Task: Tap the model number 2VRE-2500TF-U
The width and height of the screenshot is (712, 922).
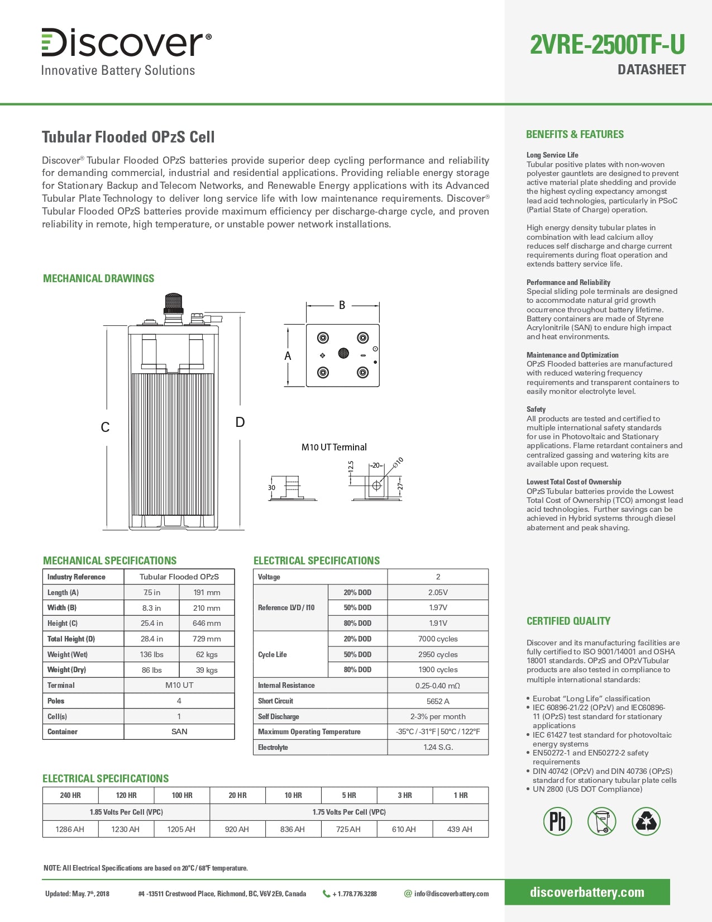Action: (x=607, y=45)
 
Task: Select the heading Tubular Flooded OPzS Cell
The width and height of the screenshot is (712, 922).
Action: (x=128, y=137)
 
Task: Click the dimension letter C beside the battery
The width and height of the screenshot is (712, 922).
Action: (x=105, y=427)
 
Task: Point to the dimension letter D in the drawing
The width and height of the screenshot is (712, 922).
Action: (x=240, y=422)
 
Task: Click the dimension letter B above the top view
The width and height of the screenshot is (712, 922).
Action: (x=342, y=305)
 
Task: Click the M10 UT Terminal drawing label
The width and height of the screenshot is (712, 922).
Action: (x=334, y=447)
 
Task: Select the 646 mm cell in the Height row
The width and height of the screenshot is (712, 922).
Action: (x=207, y=623)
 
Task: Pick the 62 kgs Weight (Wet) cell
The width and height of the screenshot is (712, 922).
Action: (x=207, y=654)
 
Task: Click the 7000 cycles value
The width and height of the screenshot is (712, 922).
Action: (x=438, y=639)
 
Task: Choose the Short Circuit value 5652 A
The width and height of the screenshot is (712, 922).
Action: (x=438, y=701)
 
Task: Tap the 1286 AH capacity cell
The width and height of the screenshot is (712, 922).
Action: (x=70, y=829)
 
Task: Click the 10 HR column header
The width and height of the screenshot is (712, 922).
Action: (x=293, y=795)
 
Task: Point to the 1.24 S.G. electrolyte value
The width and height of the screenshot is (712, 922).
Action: (x=438, y=747)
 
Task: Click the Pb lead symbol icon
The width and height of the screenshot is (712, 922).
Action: (x=557, y=821)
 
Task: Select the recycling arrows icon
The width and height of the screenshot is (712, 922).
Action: (x=646, y=821)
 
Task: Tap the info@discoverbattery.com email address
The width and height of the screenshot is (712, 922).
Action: (x=451, y=894)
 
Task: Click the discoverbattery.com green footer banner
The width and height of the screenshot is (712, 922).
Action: (x=587, y=892)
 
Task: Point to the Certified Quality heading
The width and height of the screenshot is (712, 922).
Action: (x=568, y=621)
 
